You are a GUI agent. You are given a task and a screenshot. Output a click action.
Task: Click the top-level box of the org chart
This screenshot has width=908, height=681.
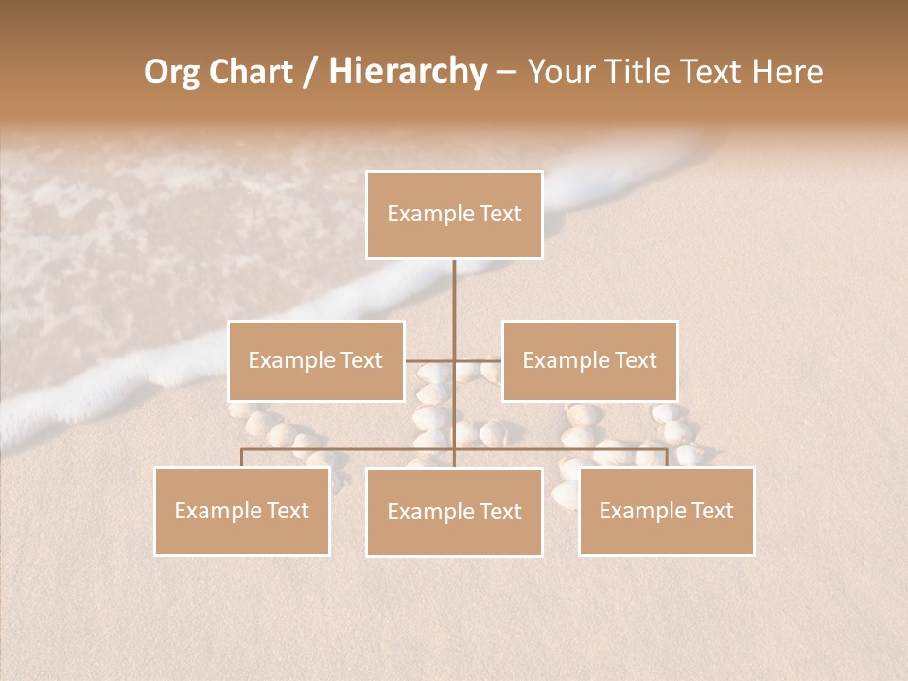pyautogui.click(x=454, y=215)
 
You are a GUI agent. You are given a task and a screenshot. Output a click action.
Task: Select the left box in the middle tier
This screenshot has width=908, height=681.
pyautogui.click(x=316, y=360)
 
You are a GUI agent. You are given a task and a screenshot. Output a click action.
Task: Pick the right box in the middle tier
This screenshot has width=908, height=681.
pyautogui.click(x=589, y=360)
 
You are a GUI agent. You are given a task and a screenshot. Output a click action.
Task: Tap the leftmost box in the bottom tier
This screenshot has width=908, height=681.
pyautogui.click(x=242, y=511)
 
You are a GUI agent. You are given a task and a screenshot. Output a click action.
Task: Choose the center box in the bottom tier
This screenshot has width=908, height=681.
pyautogui.click(x=454, y=512)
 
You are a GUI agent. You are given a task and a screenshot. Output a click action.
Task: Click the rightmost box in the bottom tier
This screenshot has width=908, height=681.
pyautogui.click(x=666, y=511)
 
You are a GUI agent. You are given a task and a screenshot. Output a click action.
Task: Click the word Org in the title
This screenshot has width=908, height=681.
pyautogui.click(x=171, y=72)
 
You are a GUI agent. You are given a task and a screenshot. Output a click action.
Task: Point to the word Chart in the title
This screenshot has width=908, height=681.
pyautogui.click(x=251, y=72)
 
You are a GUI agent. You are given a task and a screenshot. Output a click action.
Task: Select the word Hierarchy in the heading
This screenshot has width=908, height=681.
pyautogui.click(x=407, y=72)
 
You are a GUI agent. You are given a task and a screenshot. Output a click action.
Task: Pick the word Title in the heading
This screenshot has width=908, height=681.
pyautogui.click(x=654, y=72)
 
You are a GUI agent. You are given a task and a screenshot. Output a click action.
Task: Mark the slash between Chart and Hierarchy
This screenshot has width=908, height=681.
pyautogui.click(x=309, y=72)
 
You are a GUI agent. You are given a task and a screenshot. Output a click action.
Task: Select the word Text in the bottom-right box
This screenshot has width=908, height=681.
pyautogui.click(x=709, y=511)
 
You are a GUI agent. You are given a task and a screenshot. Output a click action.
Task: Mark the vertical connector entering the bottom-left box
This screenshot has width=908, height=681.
pyautogui.click(x=242, y=458)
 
